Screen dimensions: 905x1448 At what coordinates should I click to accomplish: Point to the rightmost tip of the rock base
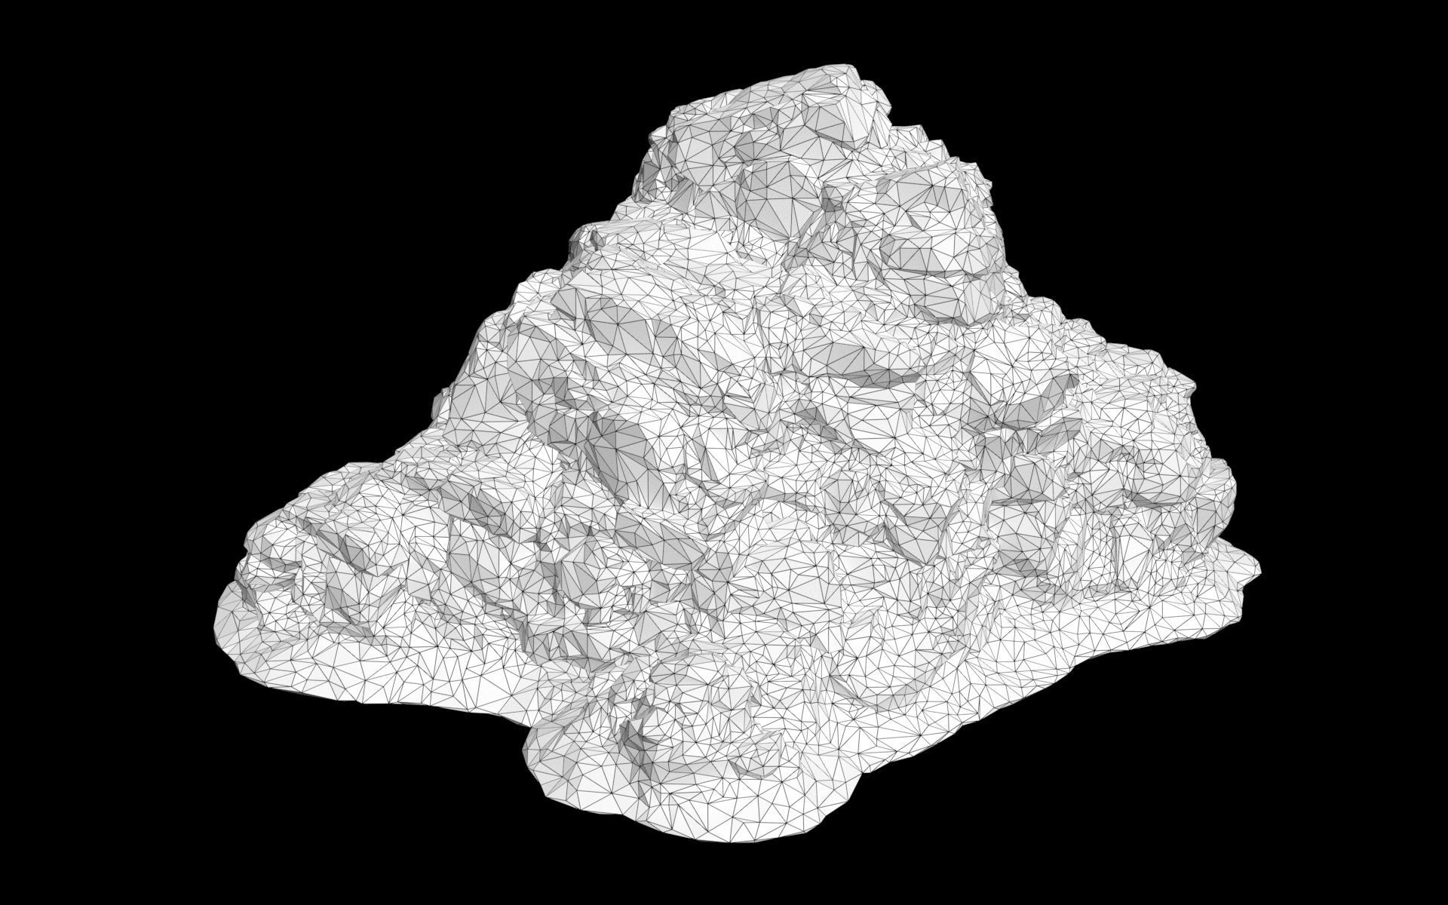(1260, 567)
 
